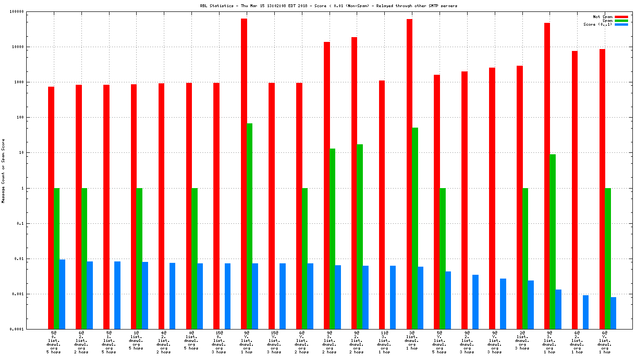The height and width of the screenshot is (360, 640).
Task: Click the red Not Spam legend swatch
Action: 621,17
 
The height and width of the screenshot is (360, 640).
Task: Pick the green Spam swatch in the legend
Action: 621,20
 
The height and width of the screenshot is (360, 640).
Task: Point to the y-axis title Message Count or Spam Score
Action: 3,171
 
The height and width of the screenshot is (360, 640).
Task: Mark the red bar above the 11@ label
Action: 382,205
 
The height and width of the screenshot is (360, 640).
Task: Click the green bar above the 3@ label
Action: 415,228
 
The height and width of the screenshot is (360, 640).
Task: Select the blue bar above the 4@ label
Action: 172,296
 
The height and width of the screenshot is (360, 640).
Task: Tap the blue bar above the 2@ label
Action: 531,305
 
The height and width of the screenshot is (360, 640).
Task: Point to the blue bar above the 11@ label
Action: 393,297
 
